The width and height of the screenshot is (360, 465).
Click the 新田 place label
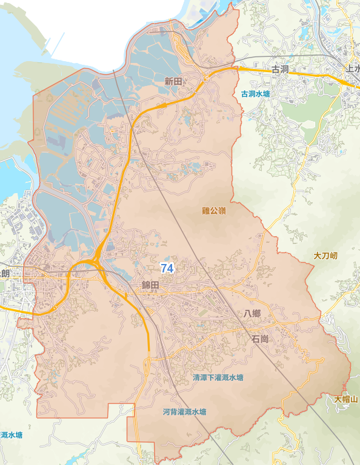click(x=173, y=81)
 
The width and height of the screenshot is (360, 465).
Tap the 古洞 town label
click(x=280, y=70)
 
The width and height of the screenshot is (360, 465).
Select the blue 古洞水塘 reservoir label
click(x=255, y=94)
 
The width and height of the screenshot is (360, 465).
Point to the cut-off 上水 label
click(x=352, y=69)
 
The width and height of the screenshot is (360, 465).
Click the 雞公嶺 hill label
click(x=213, y=211)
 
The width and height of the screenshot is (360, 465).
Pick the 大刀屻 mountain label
click(x=325, y=256)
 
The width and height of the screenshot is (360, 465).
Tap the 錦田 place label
click(x=150, y=285)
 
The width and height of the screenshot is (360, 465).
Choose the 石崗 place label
click(x=259, y=340)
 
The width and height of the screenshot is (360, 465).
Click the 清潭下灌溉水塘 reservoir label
click(x=218, y=377)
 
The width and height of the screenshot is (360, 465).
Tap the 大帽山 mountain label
click(x=346, y=399)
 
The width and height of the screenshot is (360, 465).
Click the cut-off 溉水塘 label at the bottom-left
click(x=11, y=435)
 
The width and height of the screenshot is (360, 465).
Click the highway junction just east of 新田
click(x=206, y=77)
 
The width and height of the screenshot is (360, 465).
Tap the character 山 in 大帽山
click(x=354, y=399)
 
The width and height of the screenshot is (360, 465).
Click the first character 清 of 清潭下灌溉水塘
click(x=196, y=377)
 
